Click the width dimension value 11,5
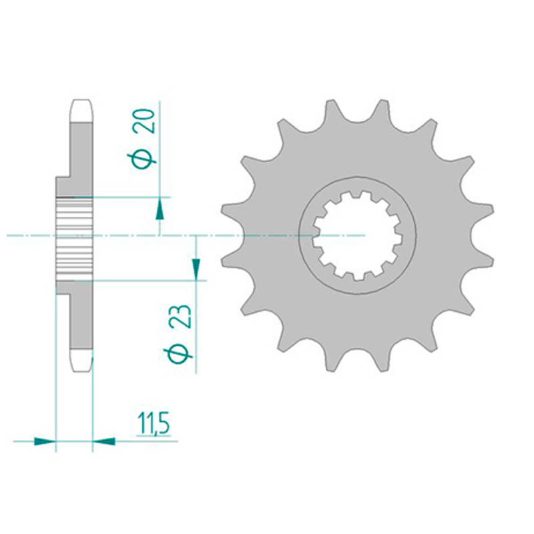pyautogui.click(x=153, y=424)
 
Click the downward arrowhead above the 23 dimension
pyautogui.click(x=196, y=269)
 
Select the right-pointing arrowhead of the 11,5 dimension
pyautogui.click(x=45, y=441)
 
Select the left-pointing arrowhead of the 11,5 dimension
pyautogui.click(x=103, y=441)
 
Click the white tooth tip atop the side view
pyautogui.click(x=81, y=111)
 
